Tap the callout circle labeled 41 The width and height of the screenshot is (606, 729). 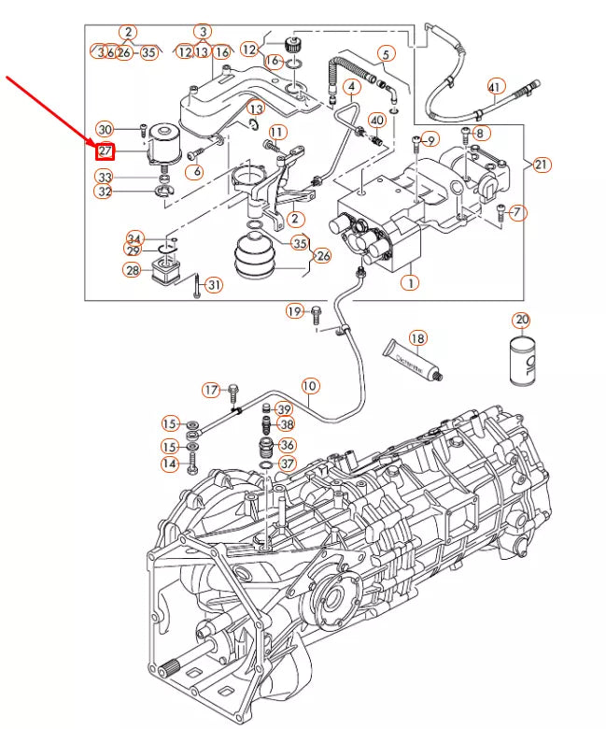[x=496, y=88]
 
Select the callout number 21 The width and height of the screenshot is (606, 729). [x=543, y=164]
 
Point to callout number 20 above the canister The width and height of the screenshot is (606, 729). [x=521, y=321]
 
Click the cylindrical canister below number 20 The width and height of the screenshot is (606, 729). [x=521, y=361]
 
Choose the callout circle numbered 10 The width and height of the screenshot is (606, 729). [x=309, y=385]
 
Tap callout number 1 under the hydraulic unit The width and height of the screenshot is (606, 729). [x=408, y=280]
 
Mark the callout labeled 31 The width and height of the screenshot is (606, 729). [x=215, y=285]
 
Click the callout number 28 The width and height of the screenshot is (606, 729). [x=133, y=271]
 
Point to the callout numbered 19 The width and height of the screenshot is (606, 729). [x=295, y=310]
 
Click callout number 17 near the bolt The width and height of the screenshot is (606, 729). [x=211, y=389]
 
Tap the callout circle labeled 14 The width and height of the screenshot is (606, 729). [x=169, y=464]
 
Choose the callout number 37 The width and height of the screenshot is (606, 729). [x=287, y=464]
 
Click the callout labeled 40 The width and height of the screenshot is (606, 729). [x=377, y=121]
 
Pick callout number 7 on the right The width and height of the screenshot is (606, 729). [x=519, y=212]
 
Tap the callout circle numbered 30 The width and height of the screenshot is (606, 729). [x=105, y=129]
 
